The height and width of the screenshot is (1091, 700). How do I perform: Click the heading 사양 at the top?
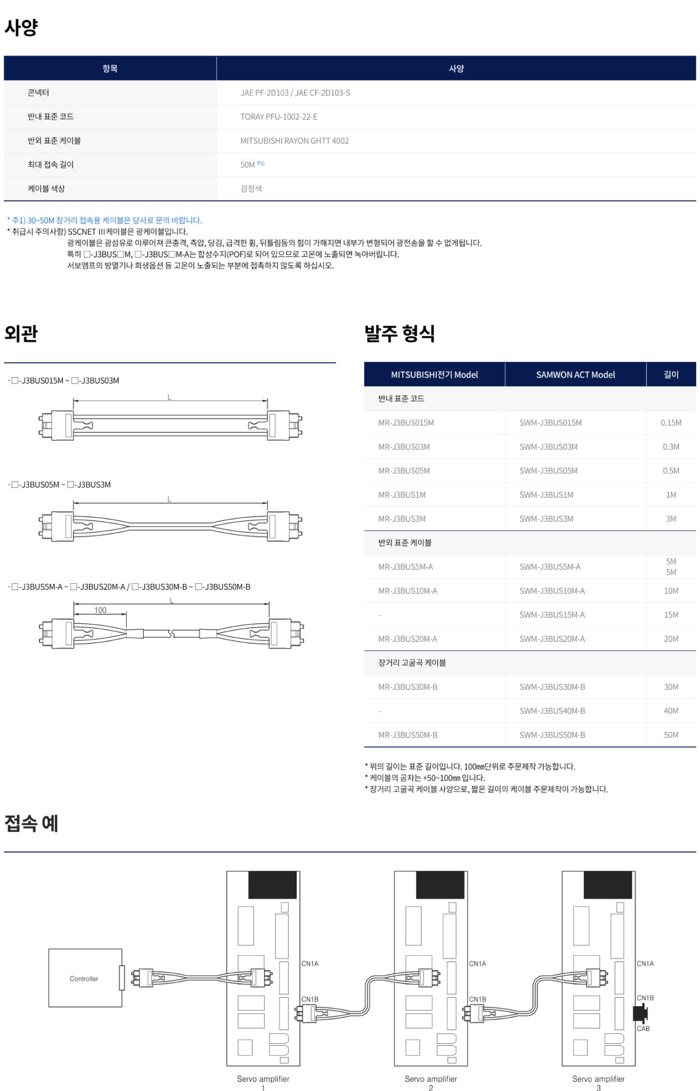(21, 27)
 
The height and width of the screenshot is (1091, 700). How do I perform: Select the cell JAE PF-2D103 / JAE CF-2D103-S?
(295, 93)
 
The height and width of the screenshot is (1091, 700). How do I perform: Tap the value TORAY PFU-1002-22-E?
(279, 117)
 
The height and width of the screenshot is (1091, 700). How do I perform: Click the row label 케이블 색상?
(46, 189)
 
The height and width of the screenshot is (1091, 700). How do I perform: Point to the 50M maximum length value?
(248, 165)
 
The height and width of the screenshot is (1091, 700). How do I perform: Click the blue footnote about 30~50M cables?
(104, 220)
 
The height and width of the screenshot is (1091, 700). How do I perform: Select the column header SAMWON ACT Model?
(575, 374)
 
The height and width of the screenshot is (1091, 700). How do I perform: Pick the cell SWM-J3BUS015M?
(550, 423)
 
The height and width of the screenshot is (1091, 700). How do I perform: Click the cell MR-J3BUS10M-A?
(408, 591)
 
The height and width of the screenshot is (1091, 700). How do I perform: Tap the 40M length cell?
(671, 711)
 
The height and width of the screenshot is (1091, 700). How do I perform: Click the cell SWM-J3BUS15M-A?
(552, 615)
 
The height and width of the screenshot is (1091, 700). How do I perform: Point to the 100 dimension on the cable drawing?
(100, 610)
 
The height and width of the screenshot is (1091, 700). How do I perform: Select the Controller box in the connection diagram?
(85, 978)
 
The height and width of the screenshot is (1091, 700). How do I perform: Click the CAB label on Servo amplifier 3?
(643, 1029)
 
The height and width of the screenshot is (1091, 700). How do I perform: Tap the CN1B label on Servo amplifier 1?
(310, 999)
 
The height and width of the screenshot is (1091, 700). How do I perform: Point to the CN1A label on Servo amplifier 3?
(645, 964)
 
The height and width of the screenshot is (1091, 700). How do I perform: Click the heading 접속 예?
(31, 824)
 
